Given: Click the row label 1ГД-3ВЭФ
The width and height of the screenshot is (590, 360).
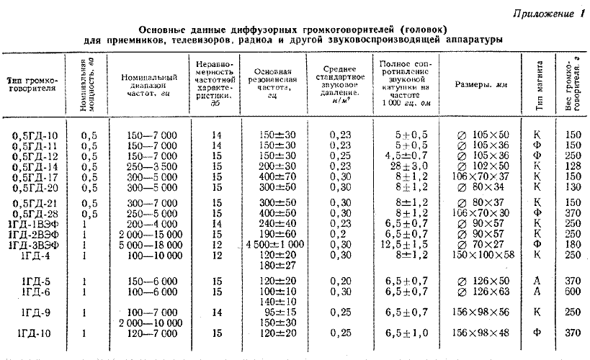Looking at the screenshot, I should (x=34, y=244).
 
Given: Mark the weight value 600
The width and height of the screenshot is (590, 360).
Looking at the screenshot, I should (x=573, y=292).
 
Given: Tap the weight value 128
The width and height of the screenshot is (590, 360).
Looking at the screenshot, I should (x=573, y=165).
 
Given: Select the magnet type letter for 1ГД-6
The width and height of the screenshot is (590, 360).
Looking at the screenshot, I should (x=537, y=292).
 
